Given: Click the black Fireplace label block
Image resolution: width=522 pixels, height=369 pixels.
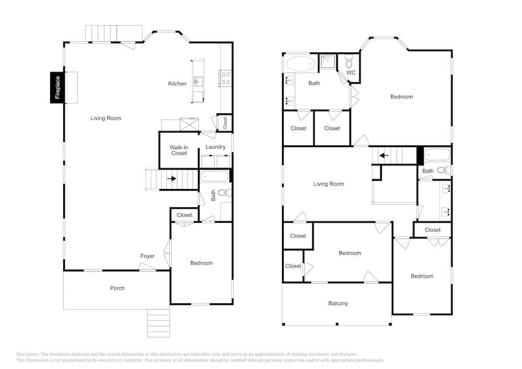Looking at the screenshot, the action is click(x=57, y=88).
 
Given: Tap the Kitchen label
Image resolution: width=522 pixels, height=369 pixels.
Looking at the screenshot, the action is click(x=177, y=84).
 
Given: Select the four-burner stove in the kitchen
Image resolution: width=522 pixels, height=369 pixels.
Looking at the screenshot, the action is click(x=226, y=78).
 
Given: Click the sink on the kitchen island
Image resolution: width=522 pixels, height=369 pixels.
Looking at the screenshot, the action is click(x=198, y=81).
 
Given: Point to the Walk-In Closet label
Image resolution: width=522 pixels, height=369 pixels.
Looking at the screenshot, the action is click(x=179, y=150).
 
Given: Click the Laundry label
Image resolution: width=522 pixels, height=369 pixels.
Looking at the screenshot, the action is click(x=216, y=147).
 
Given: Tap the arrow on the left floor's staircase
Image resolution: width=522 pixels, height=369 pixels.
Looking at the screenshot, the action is click(x=172, y=178).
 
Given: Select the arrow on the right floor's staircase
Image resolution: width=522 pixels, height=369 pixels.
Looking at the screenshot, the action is click(x=384, y=156).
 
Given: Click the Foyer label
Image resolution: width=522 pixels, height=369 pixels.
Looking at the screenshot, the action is click(x=148, y=256).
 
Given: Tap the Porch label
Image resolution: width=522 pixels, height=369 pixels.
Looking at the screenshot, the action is click(x=117, y=288).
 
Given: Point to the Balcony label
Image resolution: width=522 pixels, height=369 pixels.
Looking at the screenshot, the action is click(x=338, y=303).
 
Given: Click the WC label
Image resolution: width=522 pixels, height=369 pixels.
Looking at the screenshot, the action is click(x=351, y=73).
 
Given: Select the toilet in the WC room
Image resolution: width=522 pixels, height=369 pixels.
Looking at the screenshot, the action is click(x=349, y=61).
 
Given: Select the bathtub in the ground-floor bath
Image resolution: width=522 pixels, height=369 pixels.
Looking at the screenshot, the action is click(x=215, y=176).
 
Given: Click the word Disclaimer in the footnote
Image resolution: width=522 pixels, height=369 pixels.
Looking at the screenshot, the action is click(x=27, y=354).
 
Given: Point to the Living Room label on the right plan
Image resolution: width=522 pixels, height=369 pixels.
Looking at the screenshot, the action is click(x=328, y=184).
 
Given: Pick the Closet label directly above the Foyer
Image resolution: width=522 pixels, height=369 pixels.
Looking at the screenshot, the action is click(x=184, y=215).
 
